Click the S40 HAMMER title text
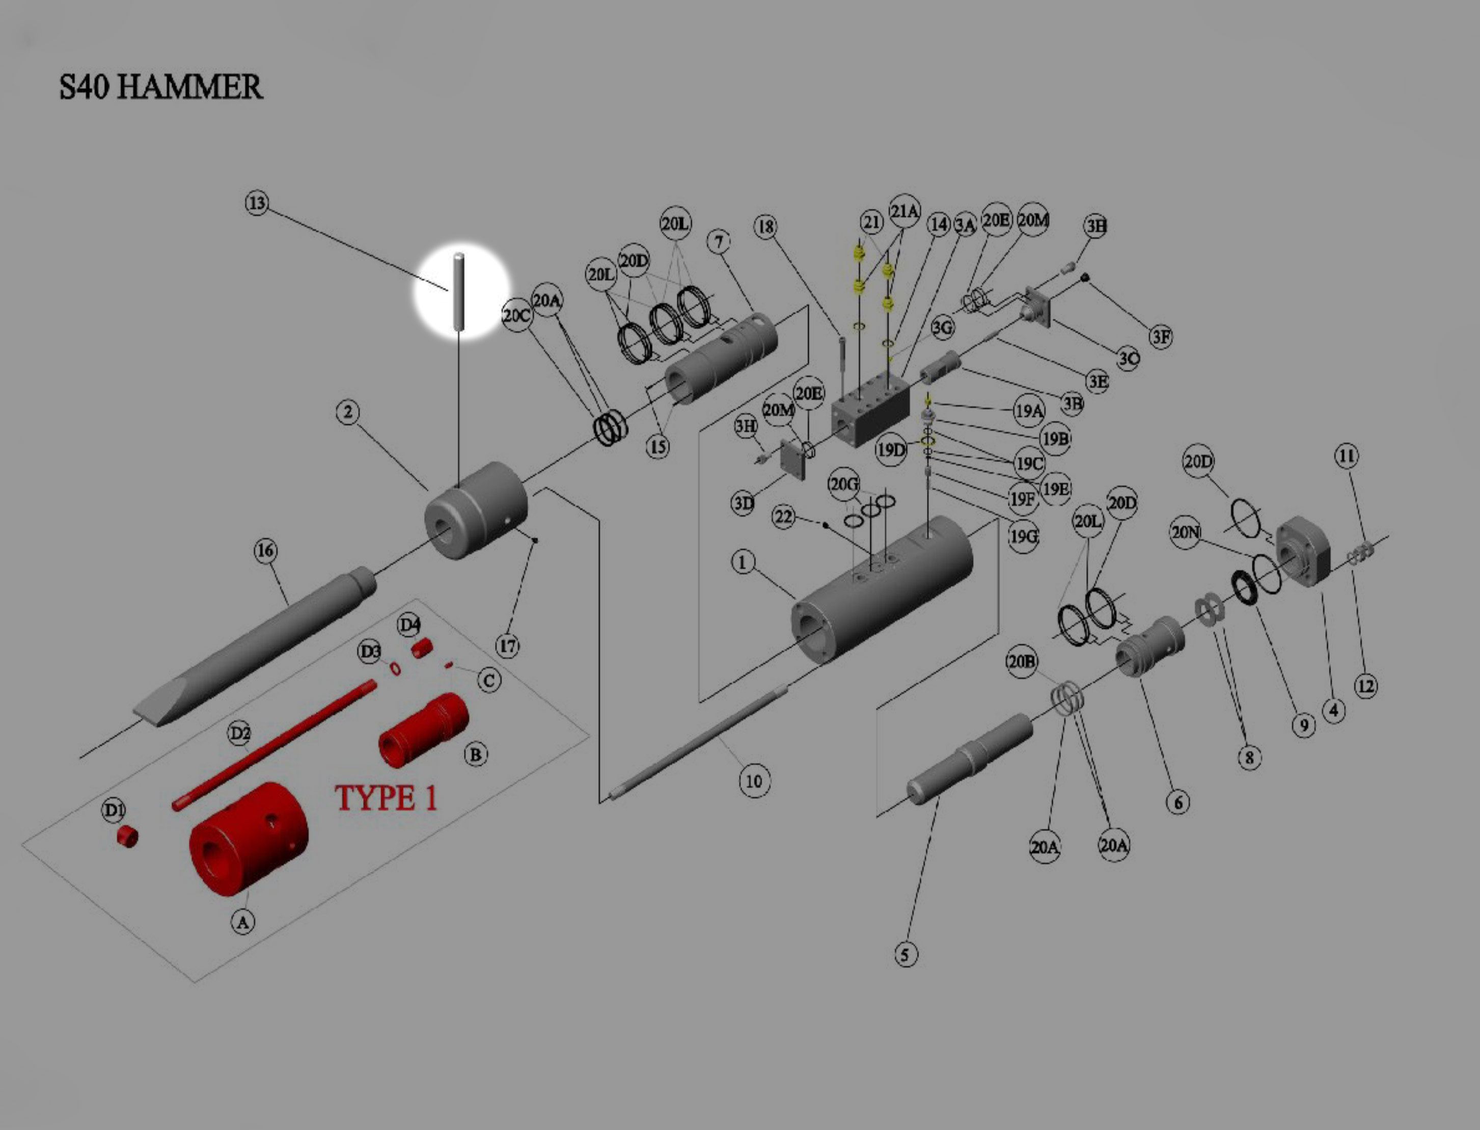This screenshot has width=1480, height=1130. [x=161, y=88]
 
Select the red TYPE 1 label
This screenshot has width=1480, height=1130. [x=386, y=798]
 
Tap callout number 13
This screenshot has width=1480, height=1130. [x=256, y=203]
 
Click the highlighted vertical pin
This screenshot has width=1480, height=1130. [x=459, y=290]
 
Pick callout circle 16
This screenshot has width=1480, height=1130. [x=265, y=551]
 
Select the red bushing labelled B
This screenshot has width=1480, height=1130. [x=424, y=730]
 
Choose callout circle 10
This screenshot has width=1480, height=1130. [x=754, y=781]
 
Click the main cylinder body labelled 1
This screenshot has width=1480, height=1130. [x=881, y=592]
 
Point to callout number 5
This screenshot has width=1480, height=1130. [x=905, y=954]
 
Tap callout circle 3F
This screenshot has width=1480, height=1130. [x=1161, y=336]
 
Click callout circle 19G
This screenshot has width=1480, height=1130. [x=1024, y=537]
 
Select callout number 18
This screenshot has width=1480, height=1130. [x=766, y=227]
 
